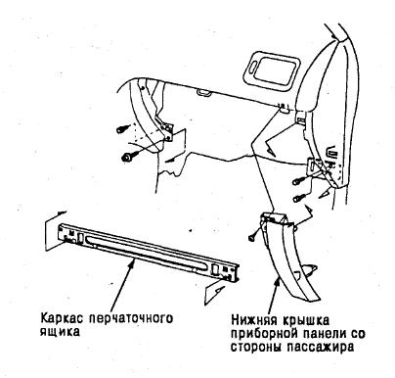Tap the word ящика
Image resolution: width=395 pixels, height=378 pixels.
tap(60, 332)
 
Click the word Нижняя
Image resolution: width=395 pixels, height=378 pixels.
tap(251, 320)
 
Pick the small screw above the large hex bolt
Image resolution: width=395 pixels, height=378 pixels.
tap(122, 129)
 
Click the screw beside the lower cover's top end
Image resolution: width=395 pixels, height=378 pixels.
tap(252, 237)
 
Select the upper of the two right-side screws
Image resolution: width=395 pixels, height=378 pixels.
tap(298, 180)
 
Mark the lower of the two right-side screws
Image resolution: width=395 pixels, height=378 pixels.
tap(298, 198)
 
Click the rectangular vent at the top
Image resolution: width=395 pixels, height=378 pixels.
tap(271, 71)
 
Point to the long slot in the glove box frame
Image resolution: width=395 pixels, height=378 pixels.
tap(147, 252)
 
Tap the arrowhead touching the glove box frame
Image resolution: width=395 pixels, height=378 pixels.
tap(133, 260)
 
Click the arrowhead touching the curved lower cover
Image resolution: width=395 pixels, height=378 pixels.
tap(278, 281)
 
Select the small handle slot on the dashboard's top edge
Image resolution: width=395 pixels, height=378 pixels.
tap(203, 94)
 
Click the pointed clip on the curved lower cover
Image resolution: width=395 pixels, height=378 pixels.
tap(308, 269)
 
